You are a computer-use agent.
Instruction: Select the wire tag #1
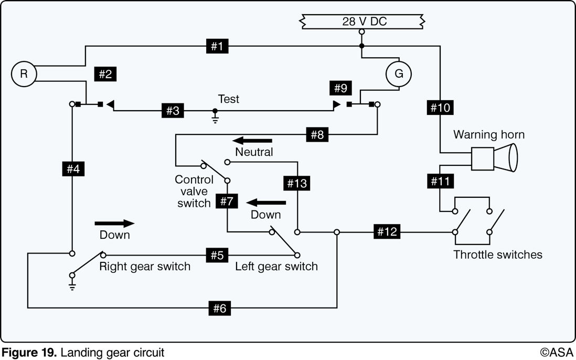217,46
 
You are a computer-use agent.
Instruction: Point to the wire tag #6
220,308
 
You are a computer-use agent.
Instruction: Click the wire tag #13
297,183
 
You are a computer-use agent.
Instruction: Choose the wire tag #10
440,108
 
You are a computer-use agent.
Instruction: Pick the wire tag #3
173,111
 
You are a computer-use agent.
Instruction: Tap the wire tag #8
317,134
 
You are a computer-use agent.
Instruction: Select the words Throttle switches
498,255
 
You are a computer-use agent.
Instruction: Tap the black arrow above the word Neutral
252,141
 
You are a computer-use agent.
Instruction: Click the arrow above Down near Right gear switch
114,224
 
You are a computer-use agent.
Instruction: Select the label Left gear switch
276,266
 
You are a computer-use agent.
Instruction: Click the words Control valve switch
194,191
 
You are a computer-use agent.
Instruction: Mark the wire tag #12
387,232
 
